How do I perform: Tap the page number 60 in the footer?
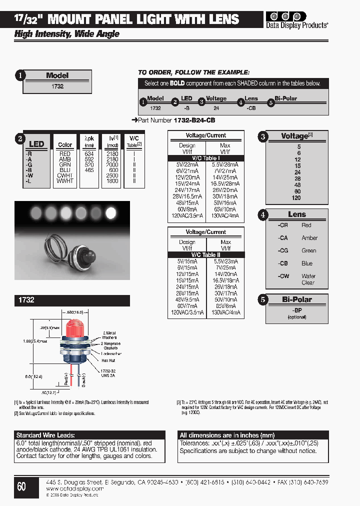(21, 485)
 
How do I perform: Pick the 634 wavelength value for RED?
(89, 154)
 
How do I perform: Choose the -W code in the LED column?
(29, 175)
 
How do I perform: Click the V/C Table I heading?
(205, 158)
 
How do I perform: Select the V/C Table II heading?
(205, 254)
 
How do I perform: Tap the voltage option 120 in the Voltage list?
(296, 198)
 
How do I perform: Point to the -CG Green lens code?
(283, 250)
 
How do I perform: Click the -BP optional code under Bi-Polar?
(296, 310)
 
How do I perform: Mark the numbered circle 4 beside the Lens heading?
(263, 215)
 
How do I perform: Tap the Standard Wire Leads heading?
(45, 435)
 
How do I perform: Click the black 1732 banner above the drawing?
(72, 300)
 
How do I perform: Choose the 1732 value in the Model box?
(57, 86)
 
